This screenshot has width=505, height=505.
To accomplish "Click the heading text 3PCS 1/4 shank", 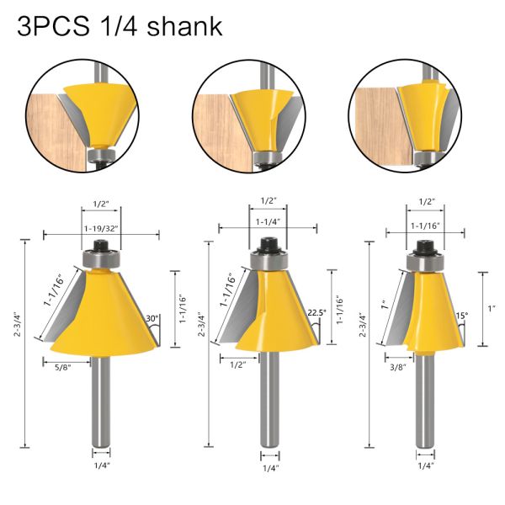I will pos(120,26).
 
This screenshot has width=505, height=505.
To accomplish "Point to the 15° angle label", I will pos(461,316).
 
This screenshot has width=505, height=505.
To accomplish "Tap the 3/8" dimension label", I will pos(394,366).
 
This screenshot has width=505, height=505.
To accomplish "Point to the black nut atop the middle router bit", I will pos(268,244).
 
